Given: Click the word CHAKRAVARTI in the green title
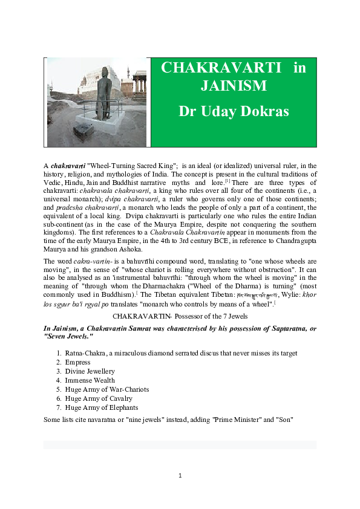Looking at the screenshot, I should (x=221, y=68).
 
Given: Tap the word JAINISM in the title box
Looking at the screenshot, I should (x=234, y=86).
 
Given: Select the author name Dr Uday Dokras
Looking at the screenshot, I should (x=234, y=111).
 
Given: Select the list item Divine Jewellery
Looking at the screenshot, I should (x=90, y=372).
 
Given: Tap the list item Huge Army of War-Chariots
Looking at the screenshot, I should (x=106, y=390).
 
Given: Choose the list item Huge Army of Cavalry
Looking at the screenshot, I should (x=99, y=399).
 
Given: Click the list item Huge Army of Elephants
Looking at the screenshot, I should (x=102, y=408).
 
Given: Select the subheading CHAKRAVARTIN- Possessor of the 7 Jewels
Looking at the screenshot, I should (x=180, y=316).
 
